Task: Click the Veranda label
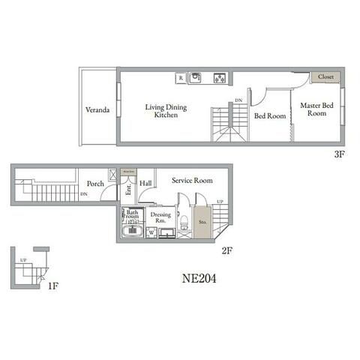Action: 97,110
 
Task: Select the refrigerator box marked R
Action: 181,76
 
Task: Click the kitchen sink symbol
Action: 196,76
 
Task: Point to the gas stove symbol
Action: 220,76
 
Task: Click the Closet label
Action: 325,77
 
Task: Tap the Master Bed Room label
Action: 316,109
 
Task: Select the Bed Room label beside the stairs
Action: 268,116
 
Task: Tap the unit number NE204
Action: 199,277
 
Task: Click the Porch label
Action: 95,184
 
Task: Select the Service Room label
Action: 192,181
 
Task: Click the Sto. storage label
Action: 202,222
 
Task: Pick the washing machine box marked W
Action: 153,233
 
